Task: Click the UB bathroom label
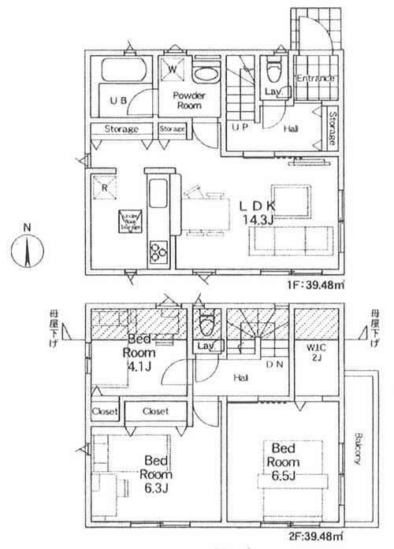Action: coord(118,101)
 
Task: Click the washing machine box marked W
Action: coord(172,68)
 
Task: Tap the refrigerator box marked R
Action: coord(105,187)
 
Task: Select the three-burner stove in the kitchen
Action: coord(158,251)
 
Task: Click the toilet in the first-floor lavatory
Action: coord(273,71)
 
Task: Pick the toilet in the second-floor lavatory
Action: coord(207,323)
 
